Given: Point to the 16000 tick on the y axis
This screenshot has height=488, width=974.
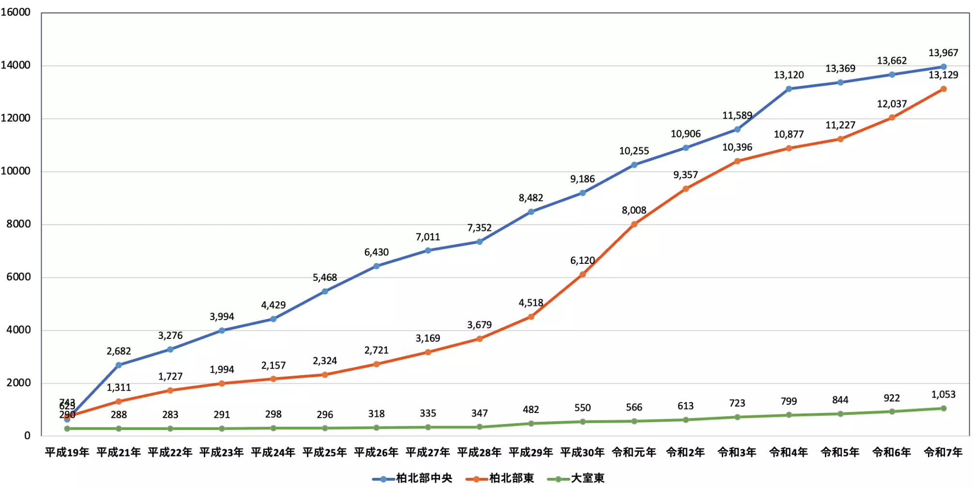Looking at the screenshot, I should click(15, 12).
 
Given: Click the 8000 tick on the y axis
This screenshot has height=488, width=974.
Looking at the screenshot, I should click(18, 224).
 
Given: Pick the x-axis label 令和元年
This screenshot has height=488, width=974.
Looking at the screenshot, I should click(634, 452).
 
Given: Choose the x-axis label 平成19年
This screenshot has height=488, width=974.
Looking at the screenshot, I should click(67, 452).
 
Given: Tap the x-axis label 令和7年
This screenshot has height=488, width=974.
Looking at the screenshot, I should click(943, 452).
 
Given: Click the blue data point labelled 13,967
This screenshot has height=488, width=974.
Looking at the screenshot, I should click(944, 67).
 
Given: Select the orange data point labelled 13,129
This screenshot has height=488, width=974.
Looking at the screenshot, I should click(944, 89).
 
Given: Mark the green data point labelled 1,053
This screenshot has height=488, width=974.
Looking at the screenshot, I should click(944, 408).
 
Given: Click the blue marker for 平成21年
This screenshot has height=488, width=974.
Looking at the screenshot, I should click(119, 365).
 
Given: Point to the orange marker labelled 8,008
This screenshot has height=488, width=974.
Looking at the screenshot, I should click(634, 224).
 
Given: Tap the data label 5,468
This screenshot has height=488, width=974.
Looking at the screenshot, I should click(325, 277).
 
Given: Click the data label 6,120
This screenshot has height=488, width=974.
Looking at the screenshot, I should click(582, 260).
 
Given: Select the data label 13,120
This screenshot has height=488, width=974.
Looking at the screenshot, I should click(789, 75).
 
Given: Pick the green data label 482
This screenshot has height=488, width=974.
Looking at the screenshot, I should click(531, 410).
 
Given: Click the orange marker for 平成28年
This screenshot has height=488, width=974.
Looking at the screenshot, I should click(479, 339).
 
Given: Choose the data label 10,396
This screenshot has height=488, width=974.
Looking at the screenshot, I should click(737, 147).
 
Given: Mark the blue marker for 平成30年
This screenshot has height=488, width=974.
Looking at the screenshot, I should click(582, 193).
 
